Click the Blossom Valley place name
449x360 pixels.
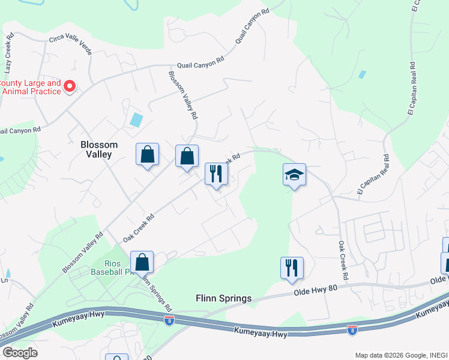[x=99, y=149]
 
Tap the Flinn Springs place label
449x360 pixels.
[x=223, y=298]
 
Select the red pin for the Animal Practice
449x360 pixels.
[x=69, y=87]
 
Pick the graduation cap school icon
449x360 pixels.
[x=294, y=175]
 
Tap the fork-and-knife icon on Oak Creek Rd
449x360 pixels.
[x=216, y=174]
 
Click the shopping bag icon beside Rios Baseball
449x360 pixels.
[x=142, y=262]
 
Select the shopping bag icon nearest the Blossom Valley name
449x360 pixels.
[x=147, y=155]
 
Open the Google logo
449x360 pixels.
[x=20, y=352]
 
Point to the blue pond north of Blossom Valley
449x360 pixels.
[x=137, y=119]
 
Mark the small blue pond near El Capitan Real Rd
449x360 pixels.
[x=362, y=75]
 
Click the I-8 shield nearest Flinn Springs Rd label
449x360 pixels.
[x=169, y=320]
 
